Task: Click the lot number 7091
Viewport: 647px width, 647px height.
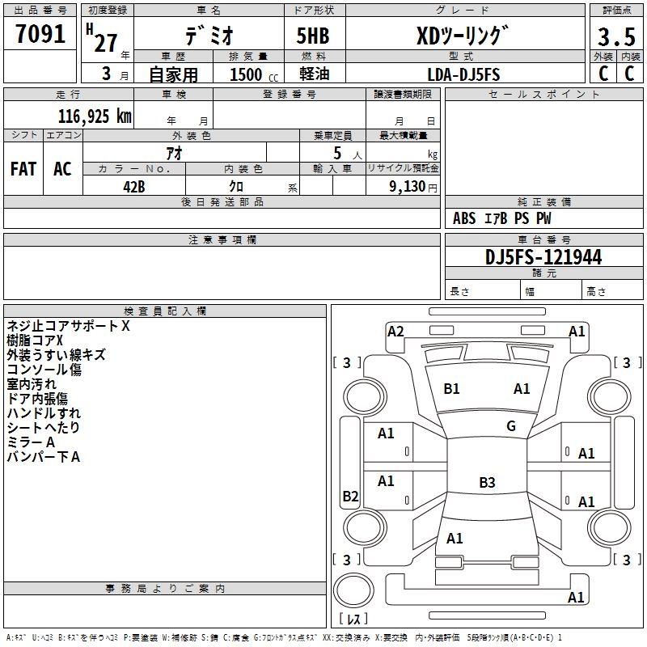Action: tap(40, 34)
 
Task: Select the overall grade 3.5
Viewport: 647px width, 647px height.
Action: tap(616, 36)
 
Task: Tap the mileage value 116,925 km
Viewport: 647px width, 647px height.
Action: tap(95, 116)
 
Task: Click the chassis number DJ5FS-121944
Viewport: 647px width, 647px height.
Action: tap(543, 257)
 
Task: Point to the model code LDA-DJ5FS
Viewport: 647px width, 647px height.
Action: tap(463, 74)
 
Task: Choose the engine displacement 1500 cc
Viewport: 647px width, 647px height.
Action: tap(254, 74)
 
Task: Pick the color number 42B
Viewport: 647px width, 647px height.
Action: tap(134, 187)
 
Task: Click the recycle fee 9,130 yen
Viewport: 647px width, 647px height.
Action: tap(413, 187)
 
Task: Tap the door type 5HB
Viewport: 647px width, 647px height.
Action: tap(313, 36)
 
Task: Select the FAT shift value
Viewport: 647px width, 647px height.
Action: tap(23, 169)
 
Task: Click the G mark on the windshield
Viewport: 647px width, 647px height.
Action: tap(511, 425)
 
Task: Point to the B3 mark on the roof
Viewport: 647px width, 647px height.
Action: tap(487, 482)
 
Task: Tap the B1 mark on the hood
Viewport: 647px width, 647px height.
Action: tap(451, 389)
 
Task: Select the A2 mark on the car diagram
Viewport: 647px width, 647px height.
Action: tap(395, 332)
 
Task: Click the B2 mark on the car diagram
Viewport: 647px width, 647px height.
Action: tap(350, 496)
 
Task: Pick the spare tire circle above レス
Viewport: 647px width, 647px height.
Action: tap(353, 590)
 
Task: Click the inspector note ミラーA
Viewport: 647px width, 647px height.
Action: tap(31, 442)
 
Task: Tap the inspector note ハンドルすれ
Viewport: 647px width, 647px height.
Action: tap(44, 413)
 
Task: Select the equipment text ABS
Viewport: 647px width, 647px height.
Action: tap(464, 218)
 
